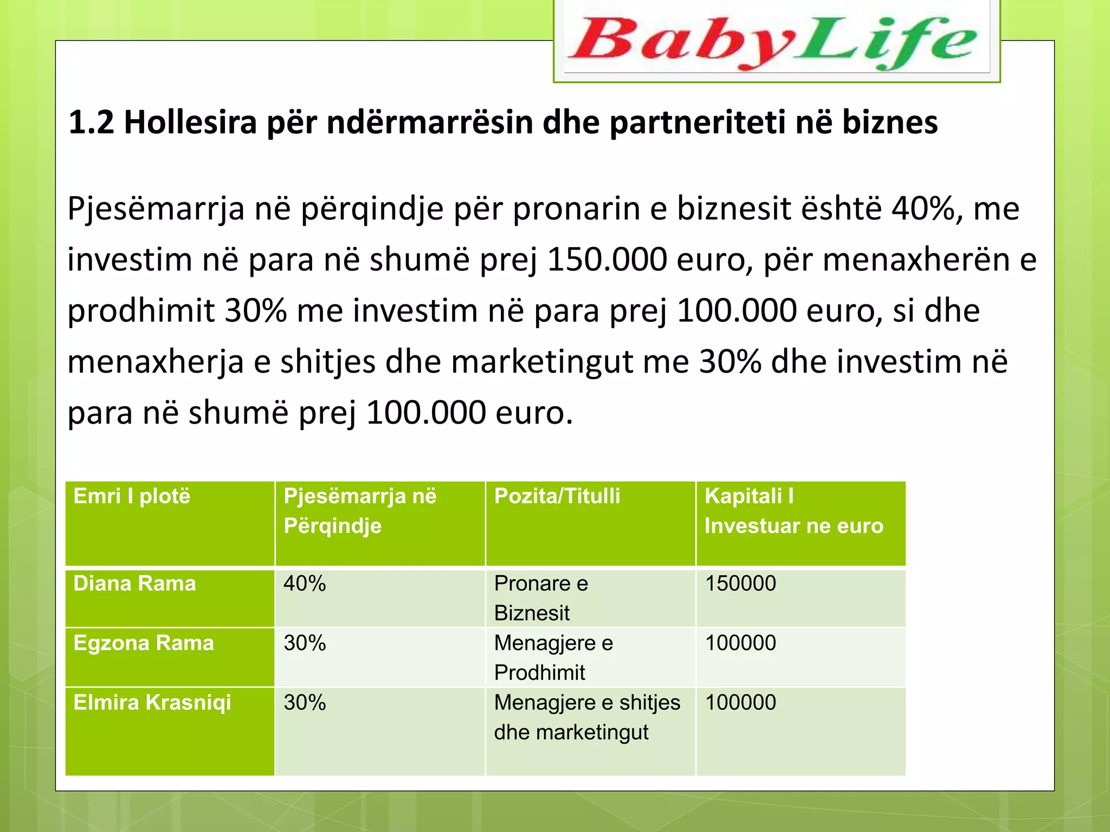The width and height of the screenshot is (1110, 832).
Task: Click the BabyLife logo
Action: click(776, 41)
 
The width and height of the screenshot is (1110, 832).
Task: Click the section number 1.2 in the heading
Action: click(91, 122)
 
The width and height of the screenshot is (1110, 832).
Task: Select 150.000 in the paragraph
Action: click(607, 259)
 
